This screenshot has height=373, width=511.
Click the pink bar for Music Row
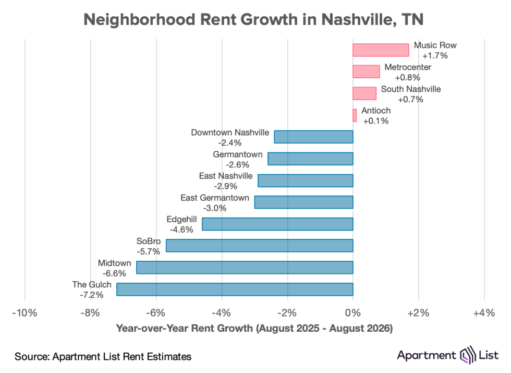pos(381,50)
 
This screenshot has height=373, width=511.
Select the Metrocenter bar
pos(366,71)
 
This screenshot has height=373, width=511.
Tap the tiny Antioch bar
pos(355,115)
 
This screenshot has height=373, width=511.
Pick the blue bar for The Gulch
pos(235,289)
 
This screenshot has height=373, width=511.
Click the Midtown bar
pos(245,267)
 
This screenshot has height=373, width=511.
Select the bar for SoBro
pos(260,246)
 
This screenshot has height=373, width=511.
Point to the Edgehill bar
pos(277,224)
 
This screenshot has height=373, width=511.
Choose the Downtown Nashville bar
pos(313,137)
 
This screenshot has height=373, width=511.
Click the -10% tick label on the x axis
pos(25,313)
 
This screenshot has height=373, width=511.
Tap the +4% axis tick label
pos(484,313)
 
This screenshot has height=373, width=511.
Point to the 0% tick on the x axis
pos(353,313)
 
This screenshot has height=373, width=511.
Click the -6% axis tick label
pos(156,313)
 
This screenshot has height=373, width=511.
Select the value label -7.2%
pos(92,295)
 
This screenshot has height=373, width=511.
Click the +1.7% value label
pos(435,55)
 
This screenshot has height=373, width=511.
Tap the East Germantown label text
pos(215,198)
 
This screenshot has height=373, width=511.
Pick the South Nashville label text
pos(411,89)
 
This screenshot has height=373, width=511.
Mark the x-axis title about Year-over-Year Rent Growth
pos(254,328)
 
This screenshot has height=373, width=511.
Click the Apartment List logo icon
pos(468,355)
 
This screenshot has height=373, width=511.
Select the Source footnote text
pos(103,356)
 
